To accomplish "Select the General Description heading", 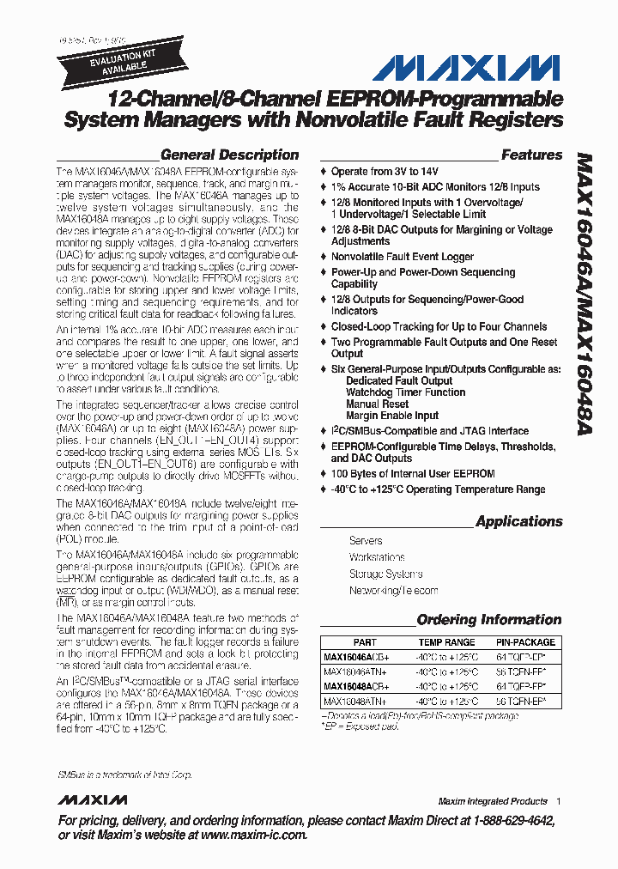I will point(229,155).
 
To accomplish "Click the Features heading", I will point(531,155).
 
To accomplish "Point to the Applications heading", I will point(518,521).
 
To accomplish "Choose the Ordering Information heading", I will point(488,619).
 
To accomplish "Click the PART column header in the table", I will point(364,642).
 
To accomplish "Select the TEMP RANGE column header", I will point(446,642).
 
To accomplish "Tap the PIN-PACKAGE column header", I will point(525,642).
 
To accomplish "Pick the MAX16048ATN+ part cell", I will point(355,701).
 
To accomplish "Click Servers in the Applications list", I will point(366,541).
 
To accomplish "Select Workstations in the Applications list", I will point(377,557).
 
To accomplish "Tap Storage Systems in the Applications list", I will point(385,574).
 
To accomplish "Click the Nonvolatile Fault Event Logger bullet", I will point(403,257).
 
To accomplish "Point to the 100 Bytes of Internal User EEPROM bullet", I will point(413,473).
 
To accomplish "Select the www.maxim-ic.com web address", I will point(253,835).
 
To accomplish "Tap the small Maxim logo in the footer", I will point(93,801).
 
